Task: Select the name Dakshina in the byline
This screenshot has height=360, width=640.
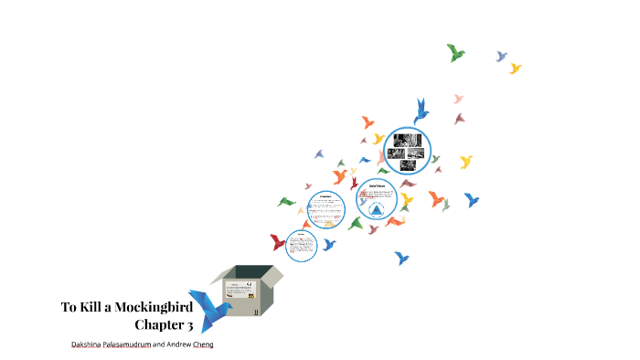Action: (91, 344)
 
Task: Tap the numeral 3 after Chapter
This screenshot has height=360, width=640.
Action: (189, 324)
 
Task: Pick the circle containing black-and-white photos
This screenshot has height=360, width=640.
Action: (407, 149)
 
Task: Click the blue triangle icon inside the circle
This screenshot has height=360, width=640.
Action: (377, 210)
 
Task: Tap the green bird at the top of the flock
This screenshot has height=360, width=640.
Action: (455, 52)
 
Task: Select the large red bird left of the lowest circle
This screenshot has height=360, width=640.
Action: (278, 242)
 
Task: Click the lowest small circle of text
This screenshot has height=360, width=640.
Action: (301, 245)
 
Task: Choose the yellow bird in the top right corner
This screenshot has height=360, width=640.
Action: (516, 68)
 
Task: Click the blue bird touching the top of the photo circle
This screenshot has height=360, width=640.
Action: (421, 111)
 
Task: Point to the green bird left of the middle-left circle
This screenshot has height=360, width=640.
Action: (287, 201)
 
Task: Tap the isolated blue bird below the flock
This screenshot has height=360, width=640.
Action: (401, 258)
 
